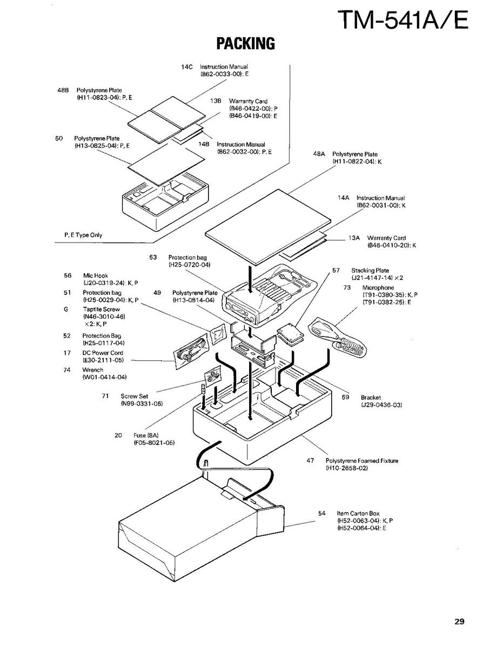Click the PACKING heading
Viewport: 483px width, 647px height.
pos(246,43)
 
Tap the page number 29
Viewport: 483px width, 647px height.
pos(459,622)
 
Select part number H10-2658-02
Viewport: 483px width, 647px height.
pos(346,468)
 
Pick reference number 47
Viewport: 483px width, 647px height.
pos(310,461)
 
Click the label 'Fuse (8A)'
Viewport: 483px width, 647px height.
pos(146,435)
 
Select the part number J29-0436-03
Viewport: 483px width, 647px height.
pos(381,405)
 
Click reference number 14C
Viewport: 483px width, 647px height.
pos(187,66)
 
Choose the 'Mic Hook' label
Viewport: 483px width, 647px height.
pos(96,275)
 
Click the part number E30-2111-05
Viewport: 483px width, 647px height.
pos(103,360)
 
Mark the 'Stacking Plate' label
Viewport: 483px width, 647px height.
pos(370,271)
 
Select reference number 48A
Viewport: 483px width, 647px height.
pos(319,154)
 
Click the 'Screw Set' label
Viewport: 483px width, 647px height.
pos(135,396)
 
